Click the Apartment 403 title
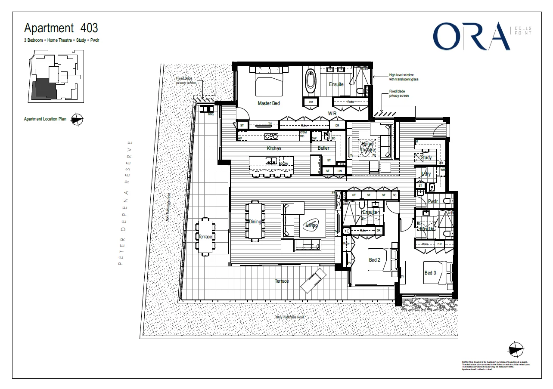point(61,28)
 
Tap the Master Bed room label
point(269,103)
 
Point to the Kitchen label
point(274,148)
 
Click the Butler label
point(323,148)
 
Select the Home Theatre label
point(367,147)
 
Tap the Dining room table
point(255,220)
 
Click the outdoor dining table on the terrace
point(205,236)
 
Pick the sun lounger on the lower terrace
point(313,279)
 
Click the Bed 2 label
point(374,260)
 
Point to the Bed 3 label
point(430,273)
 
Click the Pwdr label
point(433,201)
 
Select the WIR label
point(332,113)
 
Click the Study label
point(426,157)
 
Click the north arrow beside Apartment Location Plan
point(78,119)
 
